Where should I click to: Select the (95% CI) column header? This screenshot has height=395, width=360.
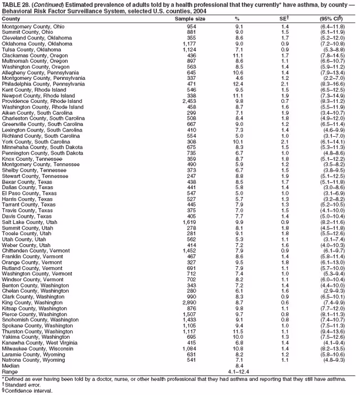331,19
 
